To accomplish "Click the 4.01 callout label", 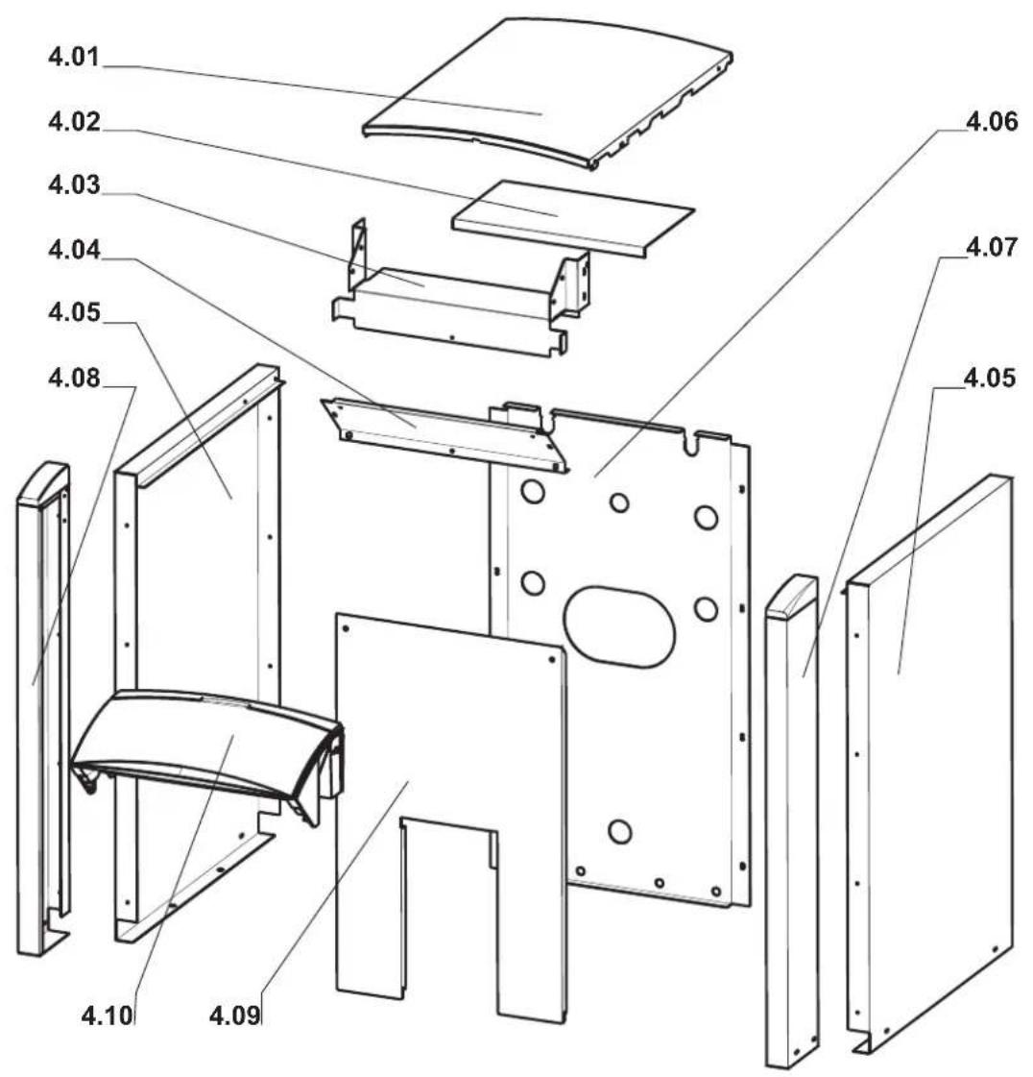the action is (74, 57).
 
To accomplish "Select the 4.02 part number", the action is (74, 122).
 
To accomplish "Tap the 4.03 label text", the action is (74, 184).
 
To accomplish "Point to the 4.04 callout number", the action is (74, 250).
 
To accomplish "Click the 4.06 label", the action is (992, 122).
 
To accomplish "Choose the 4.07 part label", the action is (992, 247).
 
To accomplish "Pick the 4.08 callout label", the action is (74, 377).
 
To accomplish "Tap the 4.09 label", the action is (235, 1015).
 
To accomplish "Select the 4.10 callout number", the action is (108, 1015).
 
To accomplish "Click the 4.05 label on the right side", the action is (990, 377).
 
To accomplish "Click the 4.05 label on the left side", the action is (74, 312).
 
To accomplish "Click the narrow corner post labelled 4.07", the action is (791, 818).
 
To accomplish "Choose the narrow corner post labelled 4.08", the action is (42, 707).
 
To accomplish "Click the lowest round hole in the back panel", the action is (620, 832).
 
